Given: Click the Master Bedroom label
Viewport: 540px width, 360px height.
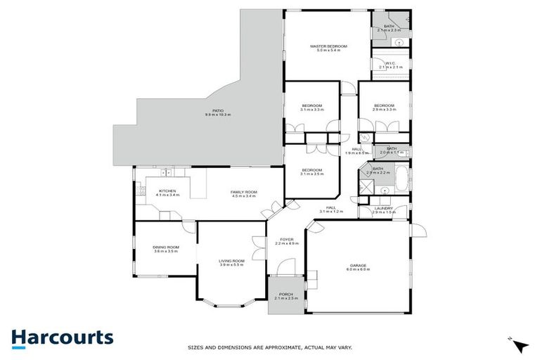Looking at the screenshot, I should pyautogui.click(x=329, y=46).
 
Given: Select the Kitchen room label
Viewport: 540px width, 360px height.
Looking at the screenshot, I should pyautogui.click(x=167, y=191).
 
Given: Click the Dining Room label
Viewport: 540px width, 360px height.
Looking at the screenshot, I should pyautogui.click(x=166, y=247).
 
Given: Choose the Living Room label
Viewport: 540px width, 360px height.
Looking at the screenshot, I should pyautogui.click(x=231, y=261).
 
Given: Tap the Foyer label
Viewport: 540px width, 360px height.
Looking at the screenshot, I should pyautogui.click(x=286, y=239).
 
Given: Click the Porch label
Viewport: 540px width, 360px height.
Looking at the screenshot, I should pyautogui.click(x=286, y=294).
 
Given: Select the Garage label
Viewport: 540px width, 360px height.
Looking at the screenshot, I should pyautogui.click(x=359, y=265).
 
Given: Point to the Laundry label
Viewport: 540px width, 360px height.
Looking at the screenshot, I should pyautogui.click(x=383, y=208).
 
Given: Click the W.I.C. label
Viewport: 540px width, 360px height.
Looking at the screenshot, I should pyautogui.click(x=390, y=63).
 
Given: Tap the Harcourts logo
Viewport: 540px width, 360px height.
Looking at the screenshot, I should pyautogui.click(x=62, y=337).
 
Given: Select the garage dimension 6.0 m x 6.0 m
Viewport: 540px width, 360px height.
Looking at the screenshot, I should pyautogui.click(x=359, y=270).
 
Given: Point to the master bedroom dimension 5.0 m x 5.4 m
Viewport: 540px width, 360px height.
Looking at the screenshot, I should pyautogui.click(x=329, y=51).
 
